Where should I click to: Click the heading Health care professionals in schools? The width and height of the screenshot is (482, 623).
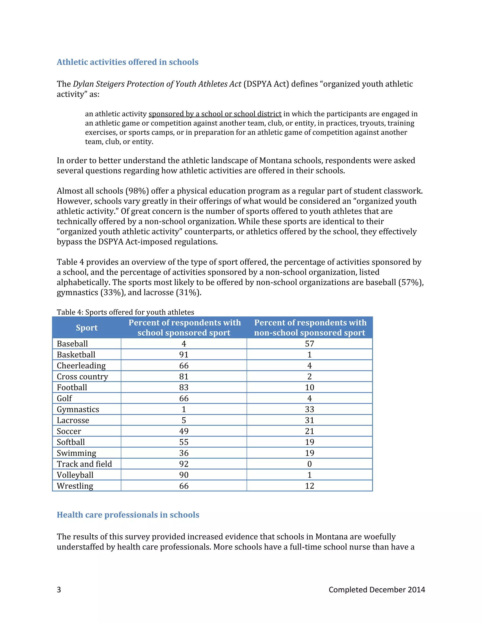click(128, 515)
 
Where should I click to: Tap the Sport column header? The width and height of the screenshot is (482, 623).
click(87, 327)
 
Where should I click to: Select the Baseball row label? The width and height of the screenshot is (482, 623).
click(72, 344)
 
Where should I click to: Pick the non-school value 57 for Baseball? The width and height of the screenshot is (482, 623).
click(309, 344)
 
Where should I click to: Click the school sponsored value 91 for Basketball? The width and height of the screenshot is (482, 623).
click(184, 355)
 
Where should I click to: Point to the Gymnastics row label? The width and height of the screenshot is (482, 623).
click(78, 409)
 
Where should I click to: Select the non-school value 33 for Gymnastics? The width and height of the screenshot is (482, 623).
click(309, 409)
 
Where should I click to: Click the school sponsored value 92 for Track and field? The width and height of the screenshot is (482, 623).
click(184, 464)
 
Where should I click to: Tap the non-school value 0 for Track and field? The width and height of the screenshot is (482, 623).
click(309, 464)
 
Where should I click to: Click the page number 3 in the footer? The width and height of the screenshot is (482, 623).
click(59, 590)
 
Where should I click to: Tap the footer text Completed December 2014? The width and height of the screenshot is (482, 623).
click(377, 590)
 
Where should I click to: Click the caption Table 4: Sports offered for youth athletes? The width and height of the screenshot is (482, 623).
click(125, 312)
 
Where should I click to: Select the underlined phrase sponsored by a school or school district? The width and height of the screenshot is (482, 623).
click(215, 114)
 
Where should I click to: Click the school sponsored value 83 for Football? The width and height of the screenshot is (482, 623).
click(184, 387)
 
